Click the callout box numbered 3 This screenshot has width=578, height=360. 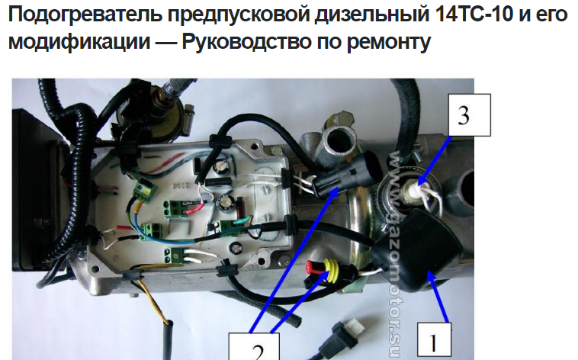point(469,115)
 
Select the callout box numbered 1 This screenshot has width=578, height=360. point(434,341)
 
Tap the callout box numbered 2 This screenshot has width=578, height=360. point(254,346)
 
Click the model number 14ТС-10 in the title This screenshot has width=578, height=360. point(474,14)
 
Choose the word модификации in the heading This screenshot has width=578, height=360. point(79,41)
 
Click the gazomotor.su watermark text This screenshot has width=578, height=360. point(395,255)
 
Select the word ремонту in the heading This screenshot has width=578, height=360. point(389,43)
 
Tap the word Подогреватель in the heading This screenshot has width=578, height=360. point(85,14)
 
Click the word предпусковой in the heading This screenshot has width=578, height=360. point(239,14)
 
